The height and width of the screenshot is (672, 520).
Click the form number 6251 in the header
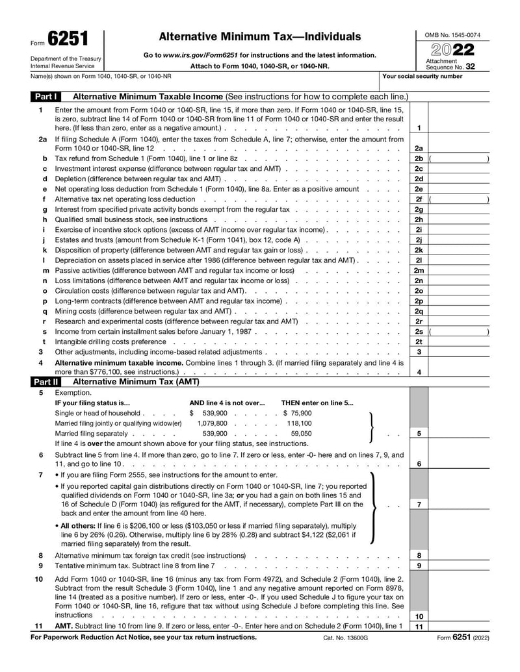68,39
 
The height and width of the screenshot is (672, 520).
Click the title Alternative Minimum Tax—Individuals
259,36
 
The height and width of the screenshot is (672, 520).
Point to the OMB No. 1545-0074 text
452,34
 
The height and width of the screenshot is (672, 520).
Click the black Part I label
46,97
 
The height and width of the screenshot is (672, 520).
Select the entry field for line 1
459,128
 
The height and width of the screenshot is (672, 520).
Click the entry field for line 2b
459,158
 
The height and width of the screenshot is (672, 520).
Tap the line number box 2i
419,230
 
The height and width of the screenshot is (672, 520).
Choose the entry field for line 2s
459,332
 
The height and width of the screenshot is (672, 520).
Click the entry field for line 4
459,372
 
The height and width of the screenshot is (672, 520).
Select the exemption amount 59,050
301,434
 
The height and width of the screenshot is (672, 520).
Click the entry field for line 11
459,627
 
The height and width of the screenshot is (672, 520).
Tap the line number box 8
419,556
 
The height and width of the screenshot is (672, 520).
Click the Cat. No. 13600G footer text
345,638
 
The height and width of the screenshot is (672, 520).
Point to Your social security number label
422,76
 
